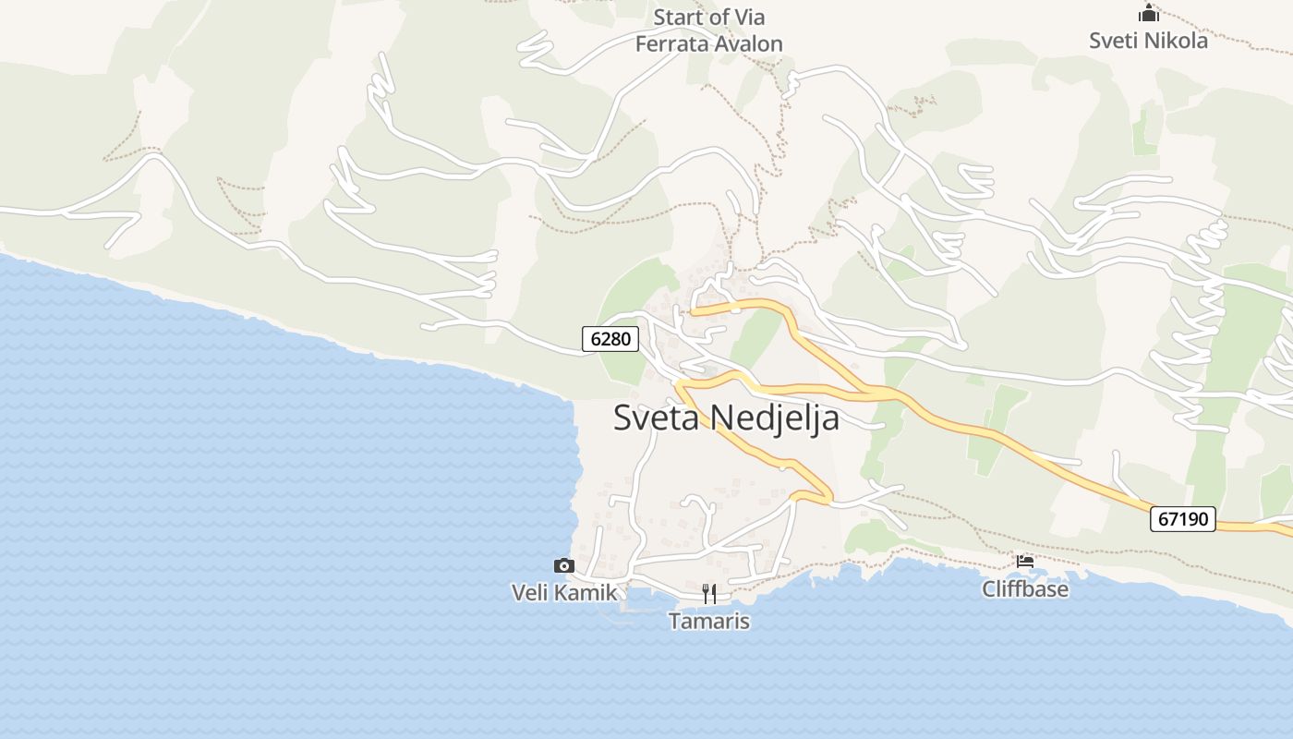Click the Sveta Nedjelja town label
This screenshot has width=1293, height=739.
(726, 418)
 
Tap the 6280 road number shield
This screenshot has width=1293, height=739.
(610, 339)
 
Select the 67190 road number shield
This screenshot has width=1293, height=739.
(1182, 519)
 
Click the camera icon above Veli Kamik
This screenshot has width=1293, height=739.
(563, 565)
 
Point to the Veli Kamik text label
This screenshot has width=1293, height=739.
(563, 592)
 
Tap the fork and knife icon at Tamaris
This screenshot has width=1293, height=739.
(708, 593)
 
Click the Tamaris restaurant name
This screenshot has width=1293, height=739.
(708, 621)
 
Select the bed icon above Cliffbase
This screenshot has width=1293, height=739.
(1024, 561)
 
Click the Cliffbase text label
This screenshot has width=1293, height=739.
(1024, 589)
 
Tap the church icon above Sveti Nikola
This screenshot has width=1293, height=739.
(1148, 14)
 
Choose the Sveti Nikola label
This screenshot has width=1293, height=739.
(1148, 41)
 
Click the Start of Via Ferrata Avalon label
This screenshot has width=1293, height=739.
(708, 30)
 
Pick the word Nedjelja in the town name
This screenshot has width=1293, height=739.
(777, 418)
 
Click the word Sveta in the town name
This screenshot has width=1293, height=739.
(659, 418)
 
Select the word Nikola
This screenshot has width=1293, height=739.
(1176, 41)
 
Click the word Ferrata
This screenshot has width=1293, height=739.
(670, 43)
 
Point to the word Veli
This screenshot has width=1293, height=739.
(530, 592)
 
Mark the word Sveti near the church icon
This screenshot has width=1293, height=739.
(1114, 41)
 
